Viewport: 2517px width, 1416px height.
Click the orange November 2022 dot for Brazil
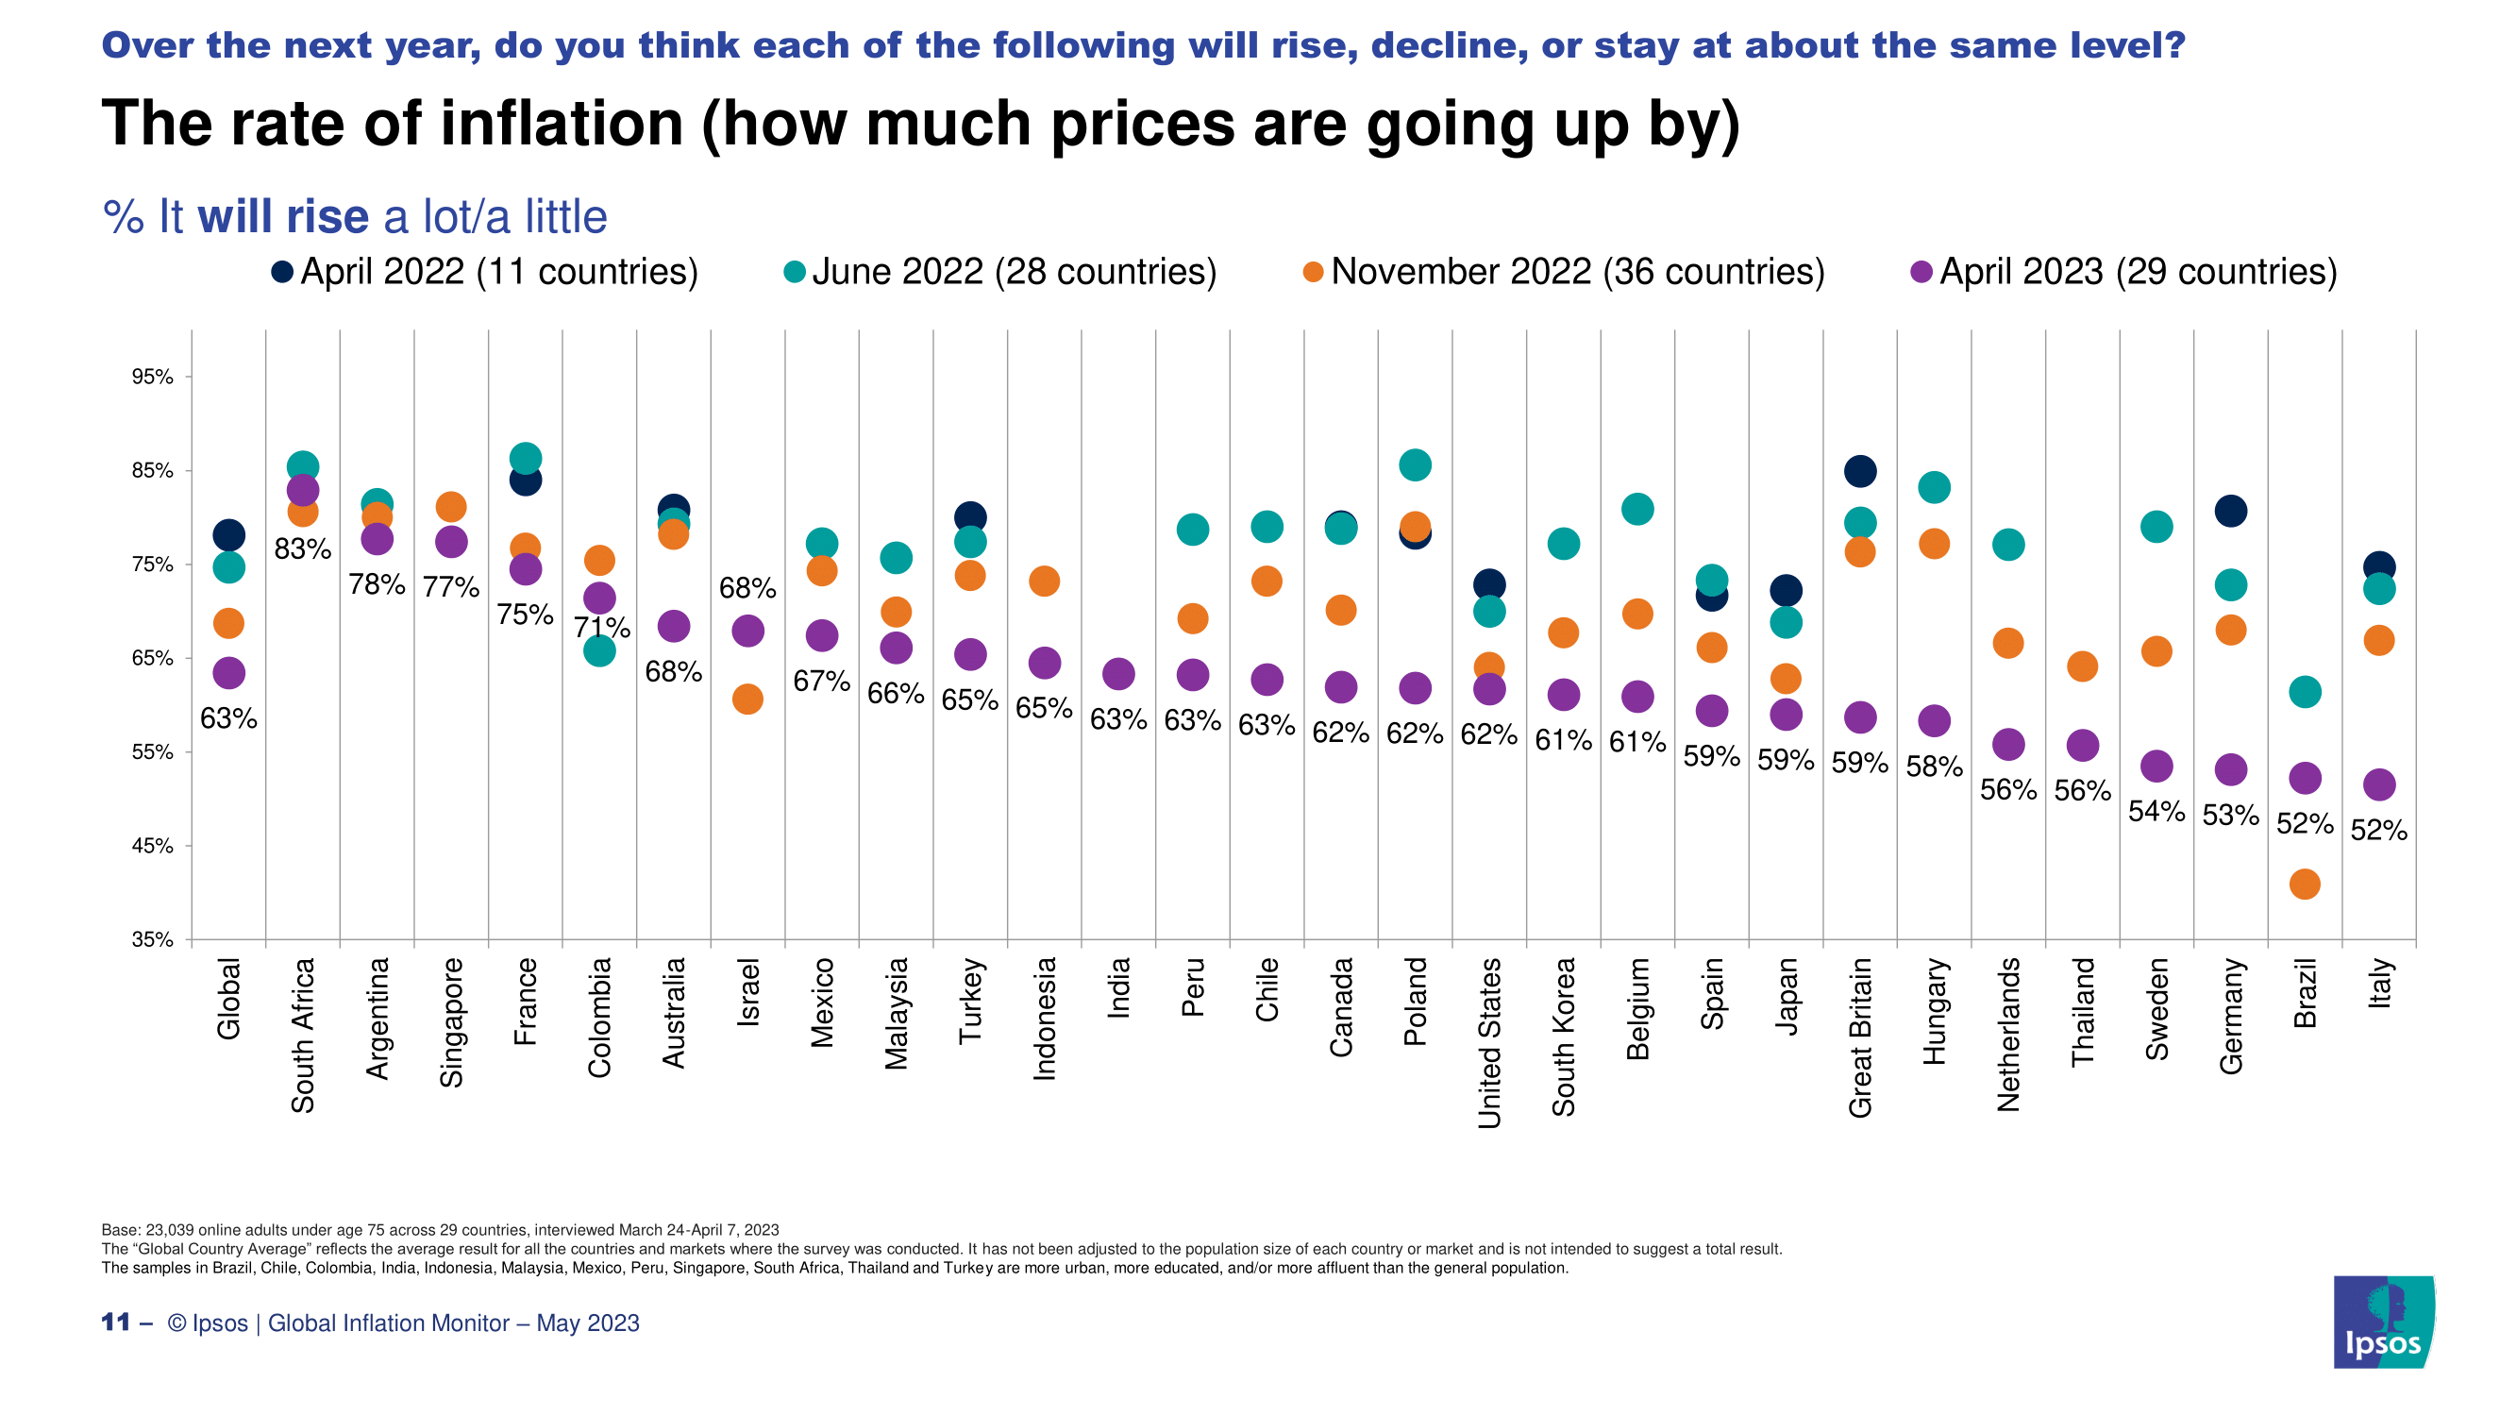coord(2304,885)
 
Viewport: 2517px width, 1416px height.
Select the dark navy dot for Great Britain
coord(1859,471)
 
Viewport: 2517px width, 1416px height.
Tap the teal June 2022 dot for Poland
coord(1415,465)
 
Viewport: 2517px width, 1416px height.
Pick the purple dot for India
coord(1117,673)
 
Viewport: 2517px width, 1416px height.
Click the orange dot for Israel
coord(747,699)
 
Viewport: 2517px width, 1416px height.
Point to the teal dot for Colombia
coord(599,650)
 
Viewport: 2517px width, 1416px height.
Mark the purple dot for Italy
coord(2378,784)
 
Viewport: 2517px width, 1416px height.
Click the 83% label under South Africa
coord(302,549)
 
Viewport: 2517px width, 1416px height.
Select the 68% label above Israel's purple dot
coord(747,588)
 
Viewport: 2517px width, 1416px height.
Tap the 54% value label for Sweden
coord(2156,811)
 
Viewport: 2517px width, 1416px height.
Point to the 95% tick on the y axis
coord(153,378)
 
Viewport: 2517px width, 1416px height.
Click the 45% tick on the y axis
coord(153,846)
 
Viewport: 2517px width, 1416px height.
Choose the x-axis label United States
coord(1489,1043)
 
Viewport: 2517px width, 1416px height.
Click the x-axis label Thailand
coord(2082,1011)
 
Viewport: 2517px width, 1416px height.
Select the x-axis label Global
coord(228,999)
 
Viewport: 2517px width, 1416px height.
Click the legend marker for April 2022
coord(282,272)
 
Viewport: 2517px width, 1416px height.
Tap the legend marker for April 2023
coord(1921,272)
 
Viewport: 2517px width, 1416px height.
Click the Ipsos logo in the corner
coord(2383,1323)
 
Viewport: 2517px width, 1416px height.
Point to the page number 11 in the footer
coord(115,1323)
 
